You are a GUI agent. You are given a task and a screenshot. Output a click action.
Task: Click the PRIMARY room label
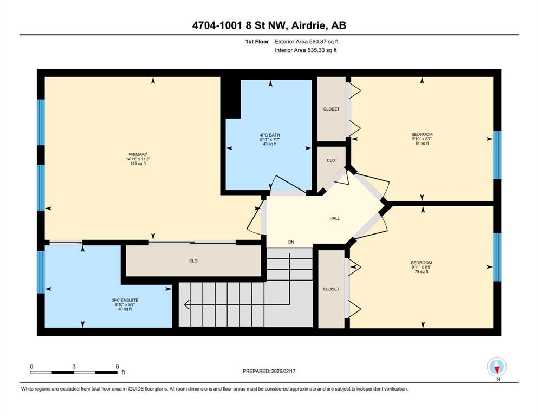point(138,155)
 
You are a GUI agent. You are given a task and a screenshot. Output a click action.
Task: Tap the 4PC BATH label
point(270,135)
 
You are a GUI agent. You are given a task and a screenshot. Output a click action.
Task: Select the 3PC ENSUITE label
point(125,301)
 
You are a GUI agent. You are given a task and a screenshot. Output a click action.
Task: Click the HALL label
point(334,218)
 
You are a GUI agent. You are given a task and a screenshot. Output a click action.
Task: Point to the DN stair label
point(291,242)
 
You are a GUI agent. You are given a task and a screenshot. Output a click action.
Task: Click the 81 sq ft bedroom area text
point(422,144)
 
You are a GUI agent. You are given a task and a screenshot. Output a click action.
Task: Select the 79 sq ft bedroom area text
point(422,271)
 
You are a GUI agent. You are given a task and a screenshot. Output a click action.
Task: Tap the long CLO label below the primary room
point(193,261)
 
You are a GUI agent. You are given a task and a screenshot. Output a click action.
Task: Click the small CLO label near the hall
point(330,160)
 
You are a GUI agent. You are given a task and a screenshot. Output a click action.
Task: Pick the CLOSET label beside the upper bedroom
point(331,109)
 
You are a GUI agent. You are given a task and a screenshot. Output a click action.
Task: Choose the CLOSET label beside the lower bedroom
point(331,289)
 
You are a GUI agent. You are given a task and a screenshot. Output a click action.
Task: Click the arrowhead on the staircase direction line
point(187,304)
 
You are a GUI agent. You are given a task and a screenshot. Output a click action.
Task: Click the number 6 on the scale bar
point(118,366)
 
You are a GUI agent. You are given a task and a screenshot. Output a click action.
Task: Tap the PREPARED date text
point(269,371)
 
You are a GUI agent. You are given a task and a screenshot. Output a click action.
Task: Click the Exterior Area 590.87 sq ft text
point(307,42)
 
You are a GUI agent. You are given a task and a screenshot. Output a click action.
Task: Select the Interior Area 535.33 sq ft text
point(306,50)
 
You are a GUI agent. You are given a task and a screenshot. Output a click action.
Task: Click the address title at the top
point(269,25)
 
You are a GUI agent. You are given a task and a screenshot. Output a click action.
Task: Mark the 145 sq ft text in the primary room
point(138,164)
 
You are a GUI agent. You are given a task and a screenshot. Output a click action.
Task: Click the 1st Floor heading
point(257,42)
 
